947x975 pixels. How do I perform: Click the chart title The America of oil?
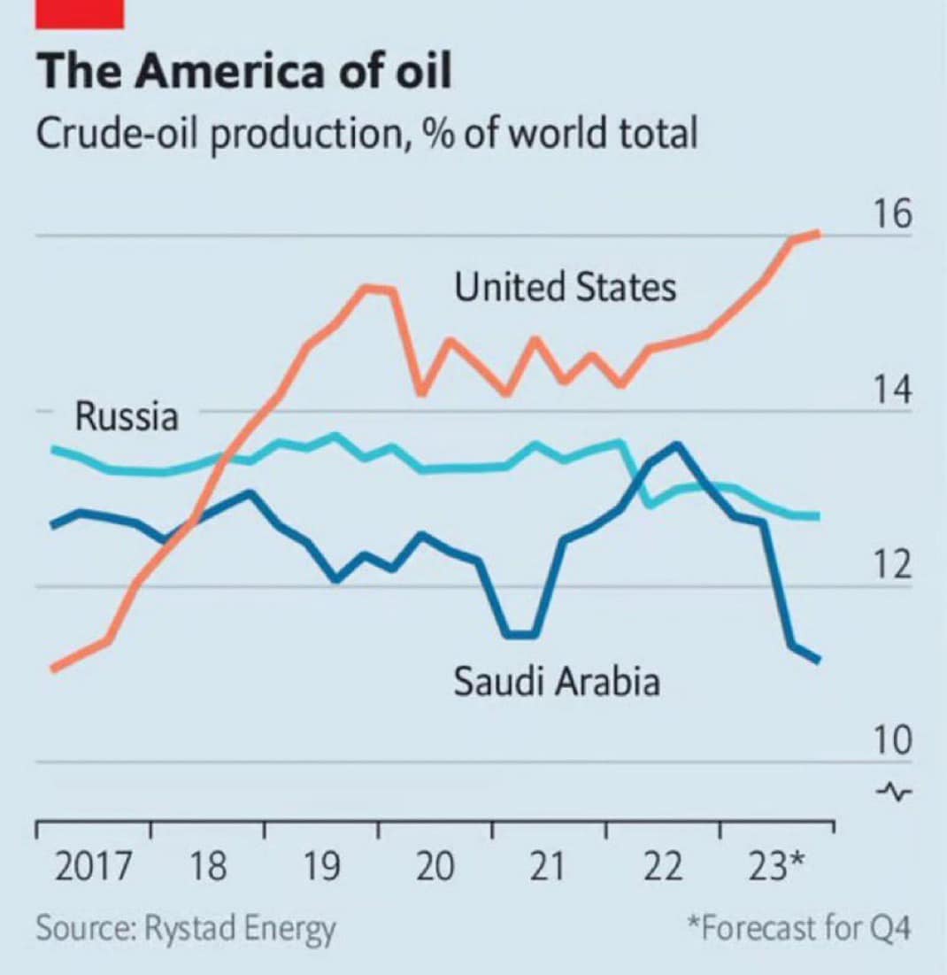[244, 72]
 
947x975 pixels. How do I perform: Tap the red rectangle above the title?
[80, 12]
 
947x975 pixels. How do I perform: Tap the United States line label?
[565, 288]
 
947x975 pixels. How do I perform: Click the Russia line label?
[127, 415]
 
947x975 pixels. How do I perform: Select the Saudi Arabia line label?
[557, 682]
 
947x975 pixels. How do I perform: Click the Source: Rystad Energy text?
[186, 929]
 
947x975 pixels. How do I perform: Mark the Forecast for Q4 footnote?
[799, 929]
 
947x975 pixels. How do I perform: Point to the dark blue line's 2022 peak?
[678, 445]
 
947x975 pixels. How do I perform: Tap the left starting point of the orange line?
[53, 669]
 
